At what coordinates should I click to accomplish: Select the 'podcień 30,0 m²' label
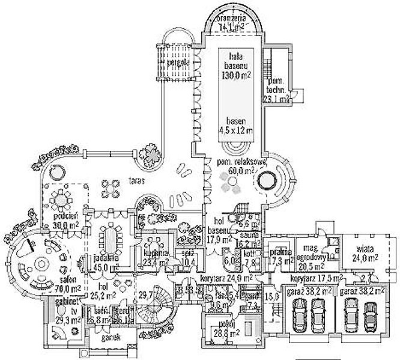[64, 221]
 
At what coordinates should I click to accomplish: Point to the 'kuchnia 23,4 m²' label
[156, 257]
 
